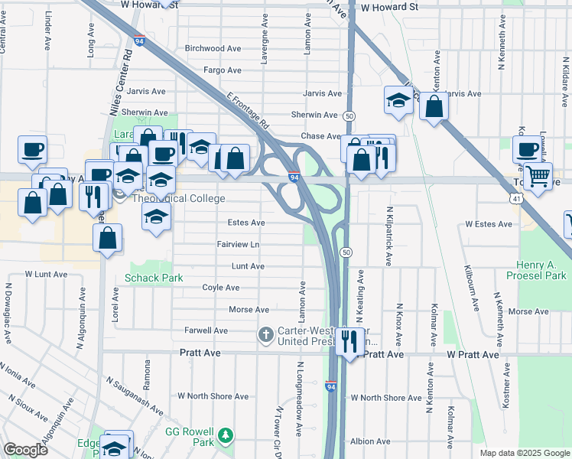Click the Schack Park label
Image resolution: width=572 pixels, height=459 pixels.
click(154, 278)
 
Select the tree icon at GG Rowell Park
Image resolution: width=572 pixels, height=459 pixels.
click(226, 436)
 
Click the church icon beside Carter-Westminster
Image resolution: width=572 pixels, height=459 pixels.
click(265, 334)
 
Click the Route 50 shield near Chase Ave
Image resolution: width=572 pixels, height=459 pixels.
click(348, 115)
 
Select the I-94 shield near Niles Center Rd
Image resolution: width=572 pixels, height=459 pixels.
click(138, 41)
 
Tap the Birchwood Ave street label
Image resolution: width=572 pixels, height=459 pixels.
click(213, 48)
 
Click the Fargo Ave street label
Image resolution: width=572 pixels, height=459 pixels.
click(223, 70)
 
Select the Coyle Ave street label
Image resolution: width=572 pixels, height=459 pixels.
click(220, 288)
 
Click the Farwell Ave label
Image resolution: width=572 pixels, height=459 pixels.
click(206, 330)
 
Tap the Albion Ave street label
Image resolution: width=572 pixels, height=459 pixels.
click(371, 441)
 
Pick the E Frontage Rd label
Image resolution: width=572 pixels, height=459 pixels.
click(249, 111)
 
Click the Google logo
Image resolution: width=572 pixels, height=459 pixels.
click(26, 450)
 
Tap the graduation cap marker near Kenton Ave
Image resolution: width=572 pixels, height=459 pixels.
click(398, 99)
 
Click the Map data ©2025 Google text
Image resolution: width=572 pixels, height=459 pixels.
click(524, 453)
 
